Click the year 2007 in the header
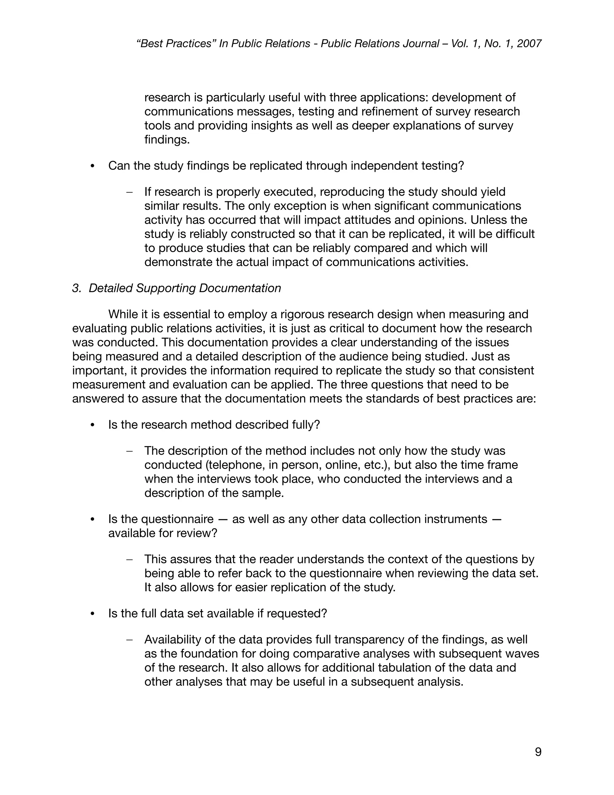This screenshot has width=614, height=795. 529,44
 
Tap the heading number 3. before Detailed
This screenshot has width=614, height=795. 76,288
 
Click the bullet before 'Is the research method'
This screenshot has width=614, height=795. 92,425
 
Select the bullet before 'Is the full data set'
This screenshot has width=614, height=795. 92,614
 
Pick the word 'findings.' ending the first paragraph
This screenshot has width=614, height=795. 167,139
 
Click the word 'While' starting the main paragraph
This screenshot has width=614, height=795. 123,314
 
